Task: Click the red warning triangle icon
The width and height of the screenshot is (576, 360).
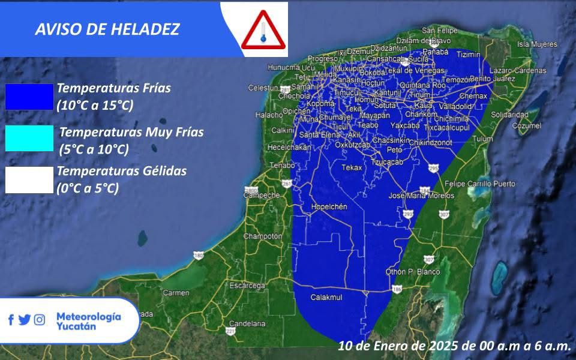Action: (262, 31)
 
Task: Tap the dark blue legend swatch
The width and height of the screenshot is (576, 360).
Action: (29, 97)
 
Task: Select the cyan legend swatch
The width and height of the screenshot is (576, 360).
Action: (29, 139)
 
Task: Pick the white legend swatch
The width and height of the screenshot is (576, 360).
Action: (29, 180)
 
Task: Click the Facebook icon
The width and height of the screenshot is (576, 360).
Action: (11, 320)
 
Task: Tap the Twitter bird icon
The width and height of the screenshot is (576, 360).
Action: (25, 320)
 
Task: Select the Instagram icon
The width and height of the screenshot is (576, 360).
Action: (40, 320)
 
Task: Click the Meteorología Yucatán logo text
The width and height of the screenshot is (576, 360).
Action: (88, 321)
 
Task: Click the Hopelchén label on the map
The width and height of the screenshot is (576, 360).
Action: (329, 206)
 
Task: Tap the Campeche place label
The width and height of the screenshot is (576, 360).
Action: (262, 196)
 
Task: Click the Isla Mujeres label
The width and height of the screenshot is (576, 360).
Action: (538, 44)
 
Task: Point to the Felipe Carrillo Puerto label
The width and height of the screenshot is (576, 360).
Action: (480, 184)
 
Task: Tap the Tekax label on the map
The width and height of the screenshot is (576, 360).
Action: (352, 168)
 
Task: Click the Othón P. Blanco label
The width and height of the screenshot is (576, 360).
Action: (412, 272)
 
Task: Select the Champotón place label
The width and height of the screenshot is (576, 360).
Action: (263, 236)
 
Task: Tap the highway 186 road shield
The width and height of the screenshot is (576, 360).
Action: (397, 290)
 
